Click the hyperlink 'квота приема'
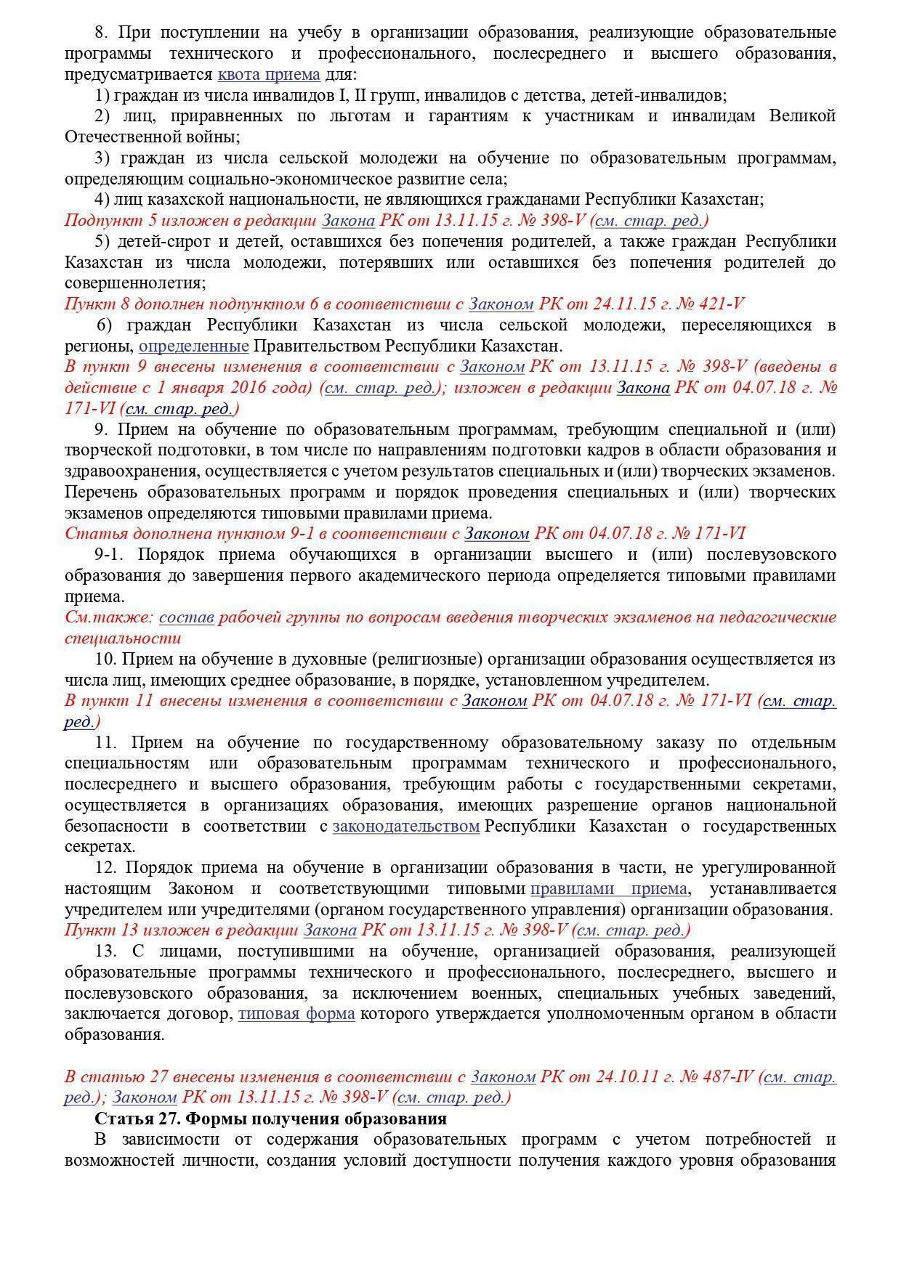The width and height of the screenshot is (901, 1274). [x=269, y=75]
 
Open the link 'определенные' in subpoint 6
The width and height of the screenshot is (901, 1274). [x=193, y=346]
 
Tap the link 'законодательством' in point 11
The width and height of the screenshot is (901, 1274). [x=406, y=827]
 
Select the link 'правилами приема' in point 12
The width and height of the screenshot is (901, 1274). [x=608, y=889]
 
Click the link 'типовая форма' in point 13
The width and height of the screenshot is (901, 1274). [x=296, y=1014]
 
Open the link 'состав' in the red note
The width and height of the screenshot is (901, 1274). [x=186, y=617]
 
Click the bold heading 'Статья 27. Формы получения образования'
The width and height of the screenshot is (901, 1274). [x=270, y=1119]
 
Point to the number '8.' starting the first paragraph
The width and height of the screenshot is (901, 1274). [x=102, y=33]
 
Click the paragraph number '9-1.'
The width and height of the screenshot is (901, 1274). [x=110, y=555]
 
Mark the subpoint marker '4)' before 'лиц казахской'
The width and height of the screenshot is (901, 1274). [x=102, y=200]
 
